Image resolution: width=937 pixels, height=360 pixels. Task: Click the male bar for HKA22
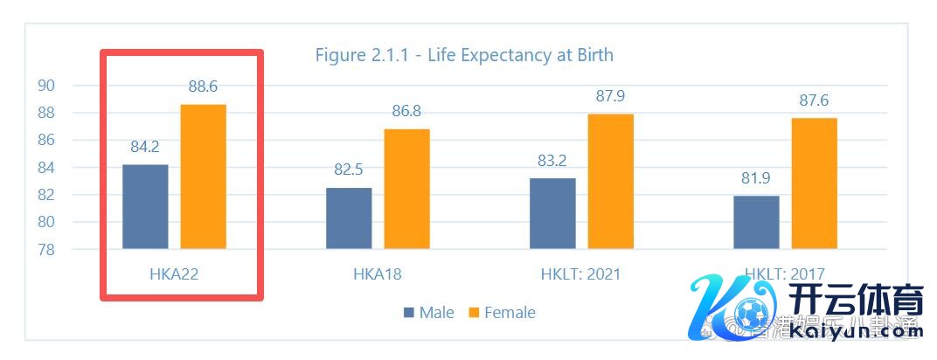145,206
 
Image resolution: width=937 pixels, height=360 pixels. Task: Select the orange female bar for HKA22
203,177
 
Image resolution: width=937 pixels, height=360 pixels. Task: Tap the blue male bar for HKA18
349,218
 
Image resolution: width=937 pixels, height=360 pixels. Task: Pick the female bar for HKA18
406,189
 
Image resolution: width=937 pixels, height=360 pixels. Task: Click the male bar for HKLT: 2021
552,213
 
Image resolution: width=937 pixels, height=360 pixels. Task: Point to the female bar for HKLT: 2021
610,181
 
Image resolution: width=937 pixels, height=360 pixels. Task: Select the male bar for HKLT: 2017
756,222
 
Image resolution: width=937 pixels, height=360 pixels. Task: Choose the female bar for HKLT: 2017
814,183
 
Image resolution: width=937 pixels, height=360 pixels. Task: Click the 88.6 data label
203,87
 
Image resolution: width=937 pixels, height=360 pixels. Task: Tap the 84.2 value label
145,147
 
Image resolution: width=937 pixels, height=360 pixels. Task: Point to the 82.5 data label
349,170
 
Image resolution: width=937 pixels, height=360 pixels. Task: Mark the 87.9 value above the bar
610,96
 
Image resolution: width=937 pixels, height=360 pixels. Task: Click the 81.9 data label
756,178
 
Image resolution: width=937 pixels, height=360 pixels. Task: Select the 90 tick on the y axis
46,86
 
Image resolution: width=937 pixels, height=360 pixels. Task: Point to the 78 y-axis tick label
46,250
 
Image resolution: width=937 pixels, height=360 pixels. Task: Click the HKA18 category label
378,274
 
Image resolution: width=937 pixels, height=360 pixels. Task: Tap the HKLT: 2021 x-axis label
581,274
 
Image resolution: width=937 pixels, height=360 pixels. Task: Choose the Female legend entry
502,313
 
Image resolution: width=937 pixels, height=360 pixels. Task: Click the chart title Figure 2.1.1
464,55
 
